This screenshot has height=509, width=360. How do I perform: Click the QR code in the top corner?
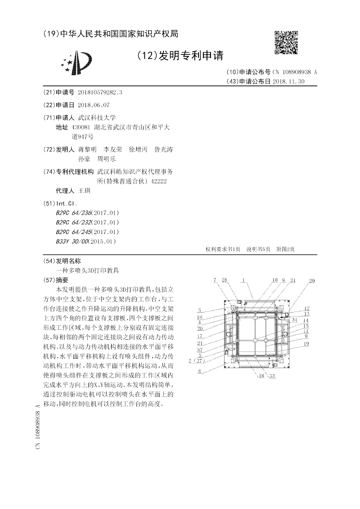point(286,42)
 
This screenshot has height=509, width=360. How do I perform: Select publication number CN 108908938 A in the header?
point(294,72)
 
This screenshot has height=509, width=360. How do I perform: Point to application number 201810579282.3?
point(100,92)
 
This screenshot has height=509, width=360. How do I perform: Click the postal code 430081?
point(84,127)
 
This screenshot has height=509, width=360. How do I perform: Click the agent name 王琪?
point(85,191)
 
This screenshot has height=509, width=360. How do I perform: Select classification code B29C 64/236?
point(73,212)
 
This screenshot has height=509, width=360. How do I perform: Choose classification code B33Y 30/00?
point(72,241)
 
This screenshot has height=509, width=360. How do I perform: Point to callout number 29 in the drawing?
point(311,281)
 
